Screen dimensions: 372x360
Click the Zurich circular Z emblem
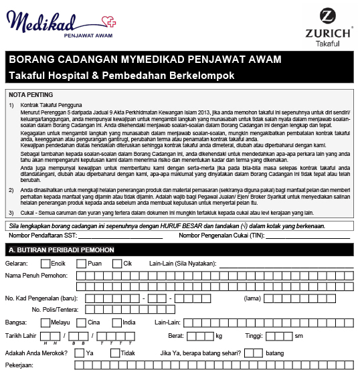[328, 17]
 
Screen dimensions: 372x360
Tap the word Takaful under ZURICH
[328, 43]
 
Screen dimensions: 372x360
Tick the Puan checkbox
[82, 264]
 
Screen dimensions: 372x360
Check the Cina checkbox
[82, 322]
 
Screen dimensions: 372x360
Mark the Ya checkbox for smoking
[81, 352]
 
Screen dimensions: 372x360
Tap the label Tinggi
[256, 335]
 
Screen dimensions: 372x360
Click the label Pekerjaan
[21, 365]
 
